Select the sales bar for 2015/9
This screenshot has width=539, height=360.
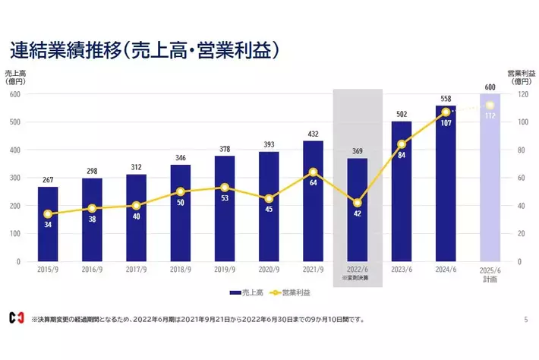[x=48, y=224]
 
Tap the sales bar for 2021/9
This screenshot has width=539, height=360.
[x=313, y=201]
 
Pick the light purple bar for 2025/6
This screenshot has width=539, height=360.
[x=490, y=178]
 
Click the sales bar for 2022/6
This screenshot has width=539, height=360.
[x=357, y=210]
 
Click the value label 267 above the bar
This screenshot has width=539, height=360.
[x=48, y=180]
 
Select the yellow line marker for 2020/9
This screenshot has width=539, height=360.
[x=269, y=199]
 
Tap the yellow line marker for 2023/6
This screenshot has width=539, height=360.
[x=402, y=144]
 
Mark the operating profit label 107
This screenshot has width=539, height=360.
[x=446, y=122]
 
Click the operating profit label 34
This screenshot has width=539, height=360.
[x=48, y=225]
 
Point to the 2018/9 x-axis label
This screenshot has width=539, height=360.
[x=181, y=270]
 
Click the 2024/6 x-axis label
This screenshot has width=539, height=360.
[x=446, y=270]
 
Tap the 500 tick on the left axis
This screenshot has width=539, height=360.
[x=14, y=122]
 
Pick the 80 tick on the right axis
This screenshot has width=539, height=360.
[x=521, y=150]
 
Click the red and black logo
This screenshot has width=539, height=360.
[x=16, y=319]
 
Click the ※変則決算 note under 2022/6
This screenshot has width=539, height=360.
[x=357, y=278]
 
